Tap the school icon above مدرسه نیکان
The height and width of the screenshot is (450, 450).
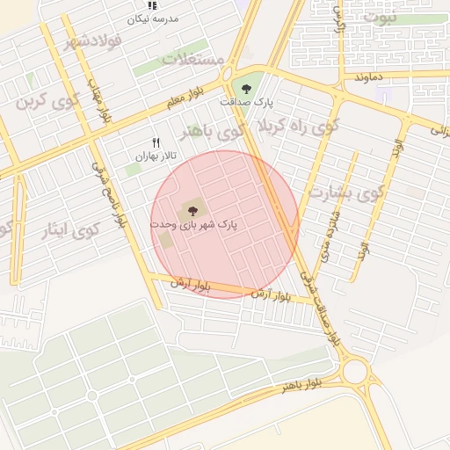tap(153, 4)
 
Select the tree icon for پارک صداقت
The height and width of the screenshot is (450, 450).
tap(245, 87)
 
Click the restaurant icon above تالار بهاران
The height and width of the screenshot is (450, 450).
tap(156, 142)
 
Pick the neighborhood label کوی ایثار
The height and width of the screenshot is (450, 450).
tap(72, 231)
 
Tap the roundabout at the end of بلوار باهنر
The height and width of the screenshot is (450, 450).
tap(356, 371)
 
